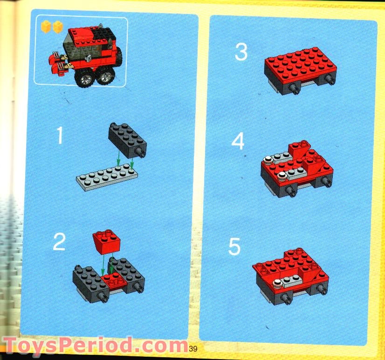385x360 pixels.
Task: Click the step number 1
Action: [x=59, y=135]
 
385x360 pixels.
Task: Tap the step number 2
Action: [x=59, y=241]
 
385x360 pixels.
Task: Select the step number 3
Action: [x=241, y=52]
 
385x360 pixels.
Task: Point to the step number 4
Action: [x=238, y=141]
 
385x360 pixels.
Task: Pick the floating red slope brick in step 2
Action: [x=107, y=241]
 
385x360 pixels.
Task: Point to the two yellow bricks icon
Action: [x=51, y=27]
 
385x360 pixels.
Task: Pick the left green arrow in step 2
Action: [x=103, y=265]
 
